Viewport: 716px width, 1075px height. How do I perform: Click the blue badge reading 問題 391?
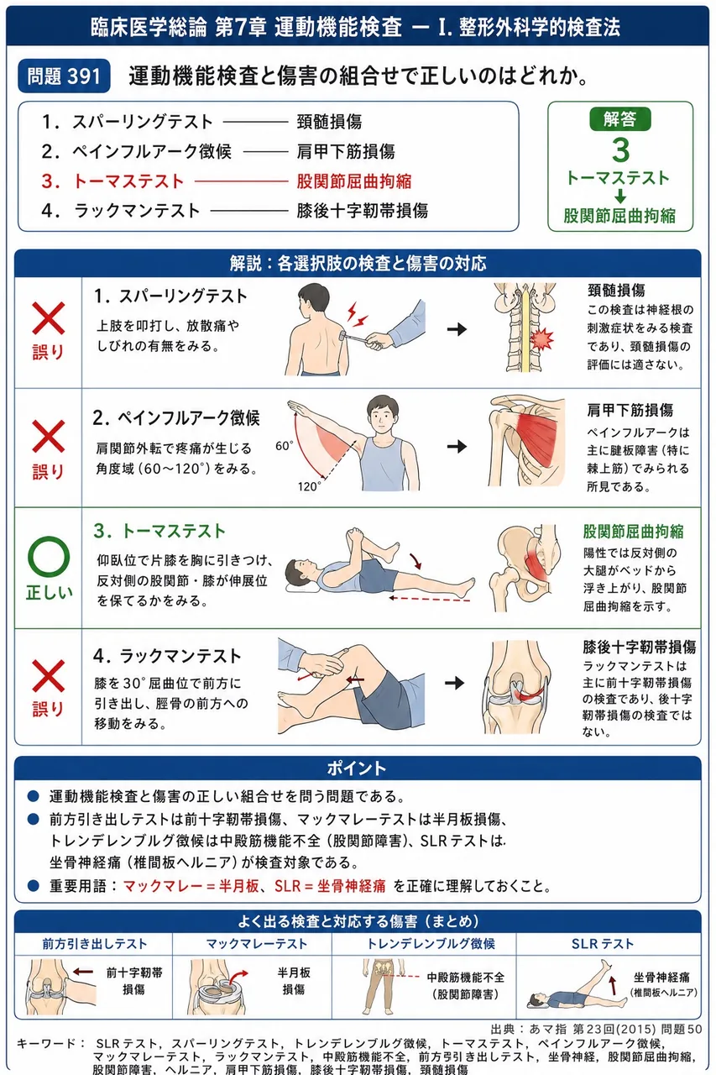64,76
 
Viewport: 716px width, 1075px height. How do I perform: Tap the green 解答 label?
620,118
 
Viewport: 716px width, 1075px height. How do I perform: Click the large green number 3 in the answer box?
620,150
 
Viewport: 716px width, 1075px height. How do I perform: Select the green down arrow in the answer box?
620,196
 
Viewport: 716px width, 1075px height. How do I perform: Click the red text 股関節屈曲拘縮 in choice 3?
354,181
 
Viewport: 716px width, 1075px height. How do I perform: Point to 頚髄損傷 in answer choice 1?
329,122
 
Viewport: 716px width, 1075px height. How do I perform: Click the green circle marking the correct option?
49,557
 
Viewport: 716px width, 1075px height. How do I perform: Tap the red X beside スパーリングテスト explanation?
49,318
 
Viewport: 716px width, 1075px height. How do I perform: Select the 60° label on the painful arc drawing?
284,446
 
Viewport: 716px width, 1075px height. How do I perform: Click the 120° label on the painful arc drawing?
309,486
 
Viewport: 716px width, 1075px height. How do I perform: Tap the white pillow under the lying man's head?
301,589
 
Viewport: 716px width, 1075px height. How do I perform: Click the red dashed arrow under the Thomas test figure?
430,600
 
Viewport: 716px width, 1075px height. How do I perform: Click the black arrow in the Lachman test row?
454,683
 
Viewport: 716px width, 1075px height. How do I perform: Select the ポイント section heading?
357,768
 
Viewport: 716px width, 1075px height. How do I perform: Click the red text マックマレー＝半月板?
191,886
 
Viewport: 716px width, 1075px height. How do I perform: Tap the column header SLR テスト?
603,944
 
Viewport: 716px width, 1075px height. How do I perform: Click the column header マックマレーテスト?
257,944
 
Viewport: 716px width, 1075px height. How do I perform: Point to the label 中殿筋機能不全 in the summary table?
465,977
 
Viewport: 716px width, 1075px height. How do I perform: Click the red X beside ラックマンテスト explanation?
49,676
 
